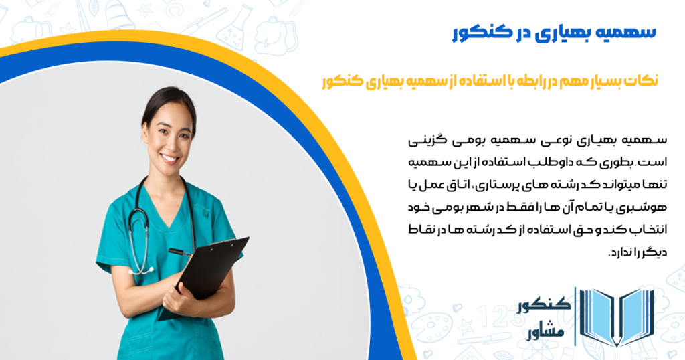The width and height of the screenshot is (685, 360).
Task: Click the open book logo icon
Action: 616,316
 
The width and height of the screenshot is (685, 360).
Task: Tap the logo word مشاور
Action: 545,332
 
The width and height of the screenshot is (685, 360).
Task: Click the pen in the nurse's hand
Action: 179,252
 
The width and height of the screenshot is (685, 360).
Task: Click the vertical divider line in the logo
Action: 575,316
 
